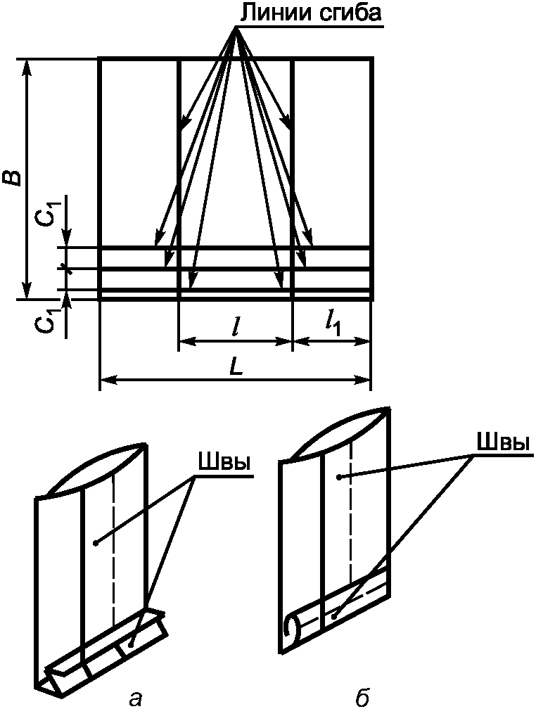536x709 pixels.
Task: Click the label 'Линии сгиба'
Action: tap(310, 13)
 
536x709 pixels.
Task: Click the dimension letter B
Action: tap(15, 178)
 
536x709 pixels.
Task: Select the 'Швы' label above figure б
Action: tap(503, 442)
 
